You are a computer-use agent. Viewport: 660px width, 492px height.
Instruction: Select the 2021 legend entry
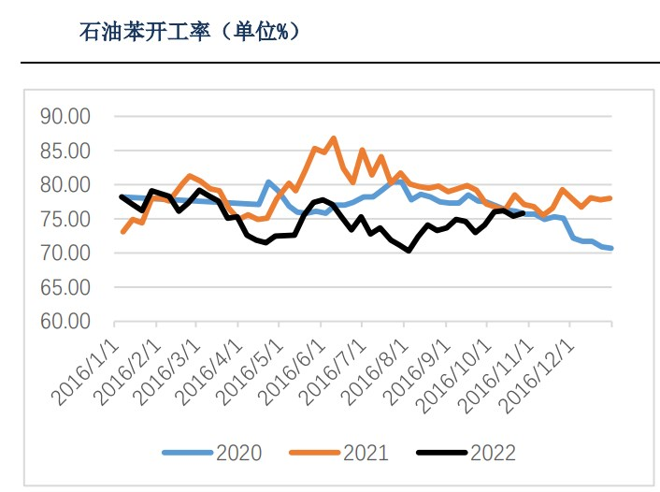[x=338, y=453]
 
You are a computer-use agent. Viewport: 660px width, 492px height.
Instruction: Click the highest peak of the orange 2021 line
[x=333, y=138]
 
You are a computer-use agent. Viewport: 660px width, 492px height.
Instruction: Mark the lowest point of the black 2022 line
[x=409, y=251]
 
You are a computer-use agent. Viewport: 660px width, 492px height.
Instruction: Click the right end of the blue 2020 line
[x=611, y=249]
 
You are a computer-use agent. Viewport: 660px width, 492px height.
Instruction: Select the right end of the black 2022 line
[x=522, y=212]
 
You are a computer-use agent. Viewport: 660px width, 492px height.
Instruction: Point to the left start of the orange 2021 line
[x=122, y=231]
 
